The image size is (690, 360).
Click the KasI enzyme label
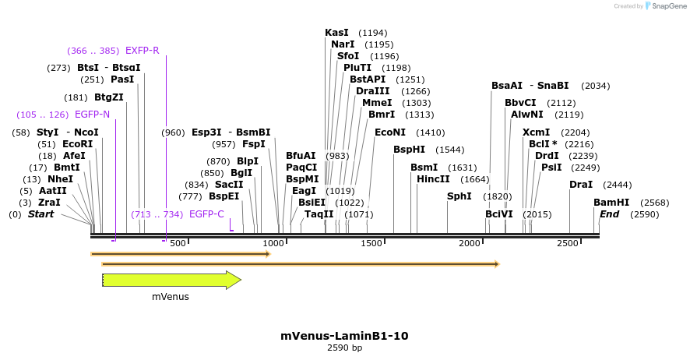pyautogui.click(x=336, y=33)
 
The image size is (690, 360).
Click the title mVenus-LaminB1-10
pyautogui.click(x=344, y=336)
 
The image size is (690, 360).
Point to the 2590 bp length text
pyautogui.click(x=344, y=348)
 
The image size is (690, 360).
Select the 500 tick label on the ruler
pyautogui.click(x=178, y=244)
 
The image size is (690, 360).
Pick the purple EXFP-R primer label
pyautogui.click(x=142, y=51)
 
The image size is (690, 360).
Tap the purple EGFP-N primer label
pyautogui.click(x=93, y=115)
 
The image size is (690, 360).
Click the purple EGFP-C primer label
pyautogui.click(x=206, y=214)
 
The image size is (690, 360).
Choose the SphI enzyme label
pyautogui.click(x=459, y=196)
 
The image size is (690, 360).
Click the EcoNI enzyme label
pyautogui.click(x=390, y=132)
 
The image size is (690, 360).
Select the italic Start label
pyautogui.click(x=41, y=214)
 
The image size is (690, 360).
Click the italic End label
pyautogui.click(x=609, y=214)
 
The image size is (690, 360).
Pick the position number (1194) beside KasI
pyautogui.click(x=372, y=33)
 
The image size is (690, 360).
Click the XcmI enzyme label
pyautogui.click(x=536, y=132)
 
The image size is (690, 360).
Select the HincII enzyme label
pyautogui.click(x=433, y=178)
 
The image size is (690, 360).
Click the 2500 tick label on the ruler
pyautogui.click(x=567, y=244)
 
